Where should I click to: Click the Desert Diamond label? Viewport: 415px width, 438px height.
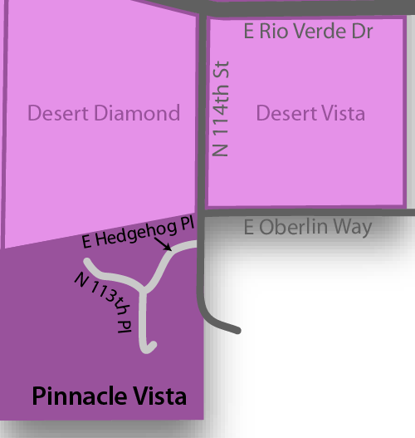[104, 112]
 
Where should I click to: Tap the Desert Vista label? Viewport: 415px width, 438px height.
[310, 112]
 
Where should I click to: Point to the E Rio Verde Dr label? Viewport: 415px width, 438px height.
[309, 33]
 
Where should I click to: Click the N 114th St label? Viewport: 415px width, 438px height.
[221, 109]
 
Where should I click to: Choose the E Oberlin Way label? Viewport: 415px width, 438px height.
[309, 227]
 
